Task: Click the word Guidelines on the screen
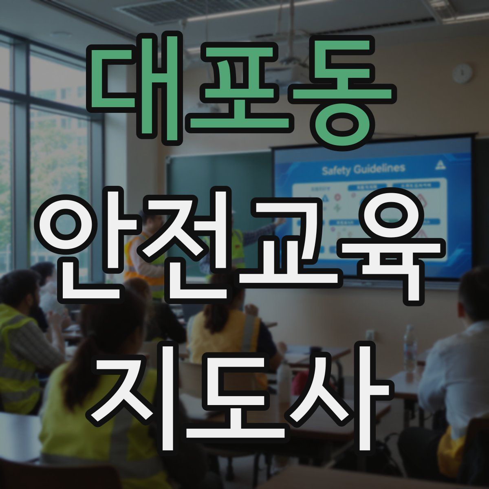click(379, 168)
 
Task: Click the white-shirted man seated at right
click(452, 367)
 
